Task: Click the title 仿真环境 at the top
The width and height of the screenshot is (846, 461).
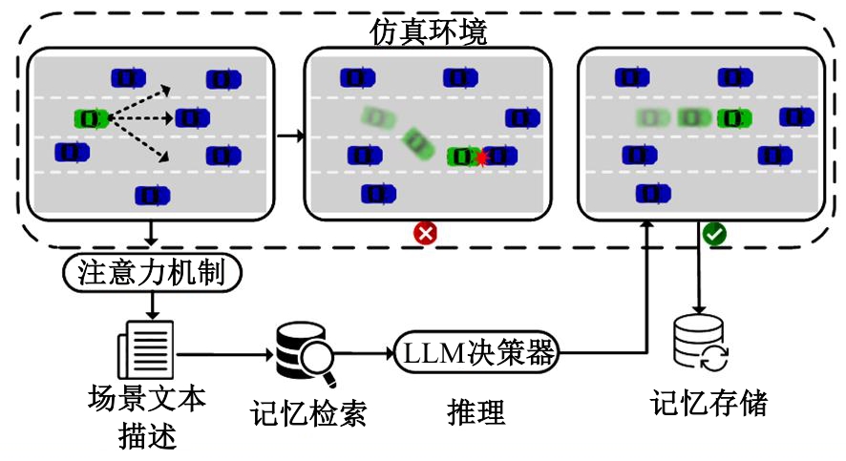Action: (x=428, y=32)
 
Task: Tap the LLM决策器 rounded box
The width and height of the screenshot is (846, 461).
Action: (x=475, y=353)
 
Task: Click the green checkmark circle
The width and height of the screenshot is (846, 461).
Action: (x=712, y=232)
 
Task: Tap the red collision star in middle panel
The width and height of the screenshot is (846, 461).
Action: (x=482, y=158)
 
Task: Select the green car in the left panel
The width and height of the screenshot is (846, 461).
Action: (x=92, y=118)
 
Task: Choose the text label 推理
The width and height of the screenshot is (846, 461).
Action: (x=475, y=412)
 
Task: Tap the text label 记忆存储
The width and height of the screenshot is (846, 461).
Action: (x=709, y=403)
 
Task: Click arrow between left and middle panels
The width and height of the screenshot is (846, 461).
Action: (x=288, y=136)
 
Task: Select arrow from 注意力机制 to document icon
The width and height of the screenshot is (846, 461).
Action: (x=151, y=306)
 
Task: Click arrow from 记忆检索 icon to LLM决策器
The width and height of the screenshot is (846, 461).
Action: (x=363, y=354)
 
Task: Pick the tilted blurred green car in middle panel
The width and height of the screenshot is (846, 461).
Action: (x=416, y=143)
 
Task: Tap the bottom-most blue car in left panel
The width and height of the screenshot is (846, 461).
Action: (x=152, y=195)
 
